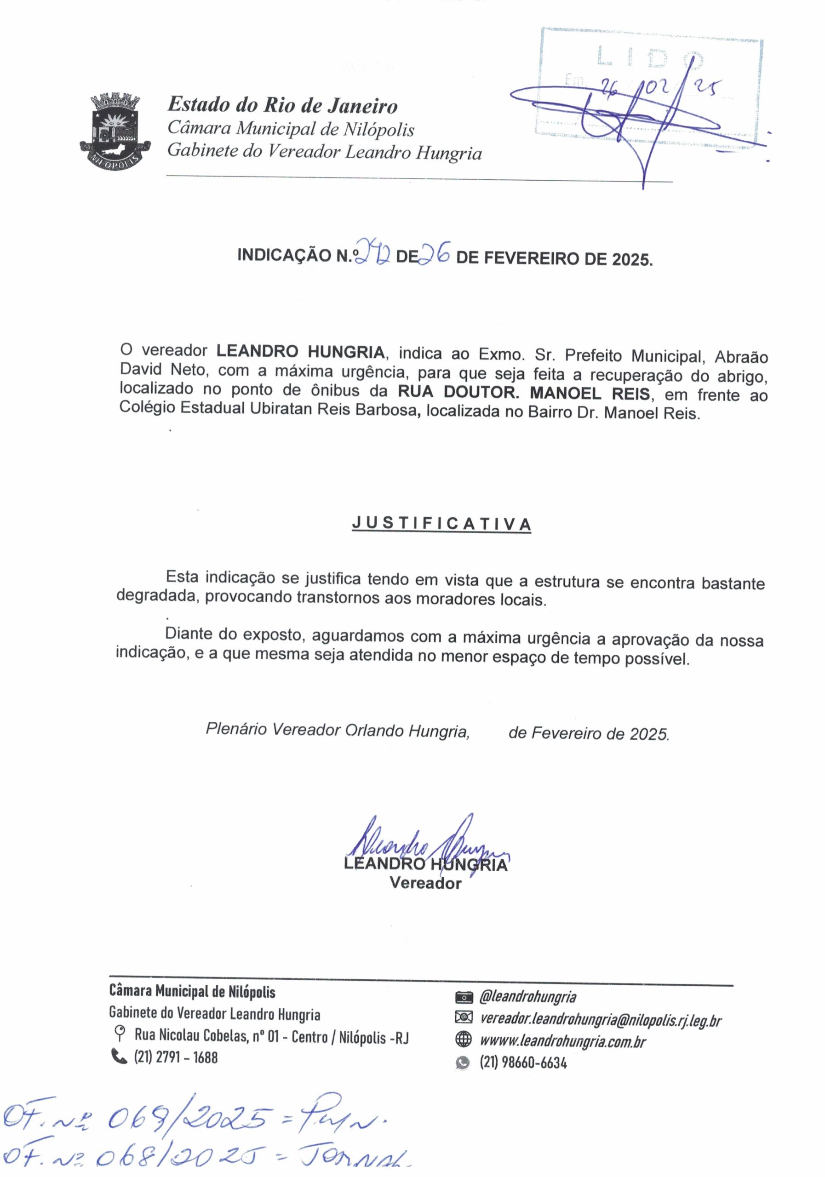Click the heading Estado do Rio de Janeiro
pos(282,105)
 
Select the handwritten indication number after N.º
pos(374,252)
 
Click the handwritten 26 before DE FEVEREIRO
pos(435,252)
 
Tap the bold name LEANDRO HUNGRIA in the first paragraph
pos(300,352)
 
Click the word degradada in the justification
pos(157,596)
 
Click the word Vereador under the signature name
pos(425,883)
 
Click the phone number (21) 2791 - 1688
pos(176,1057)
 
